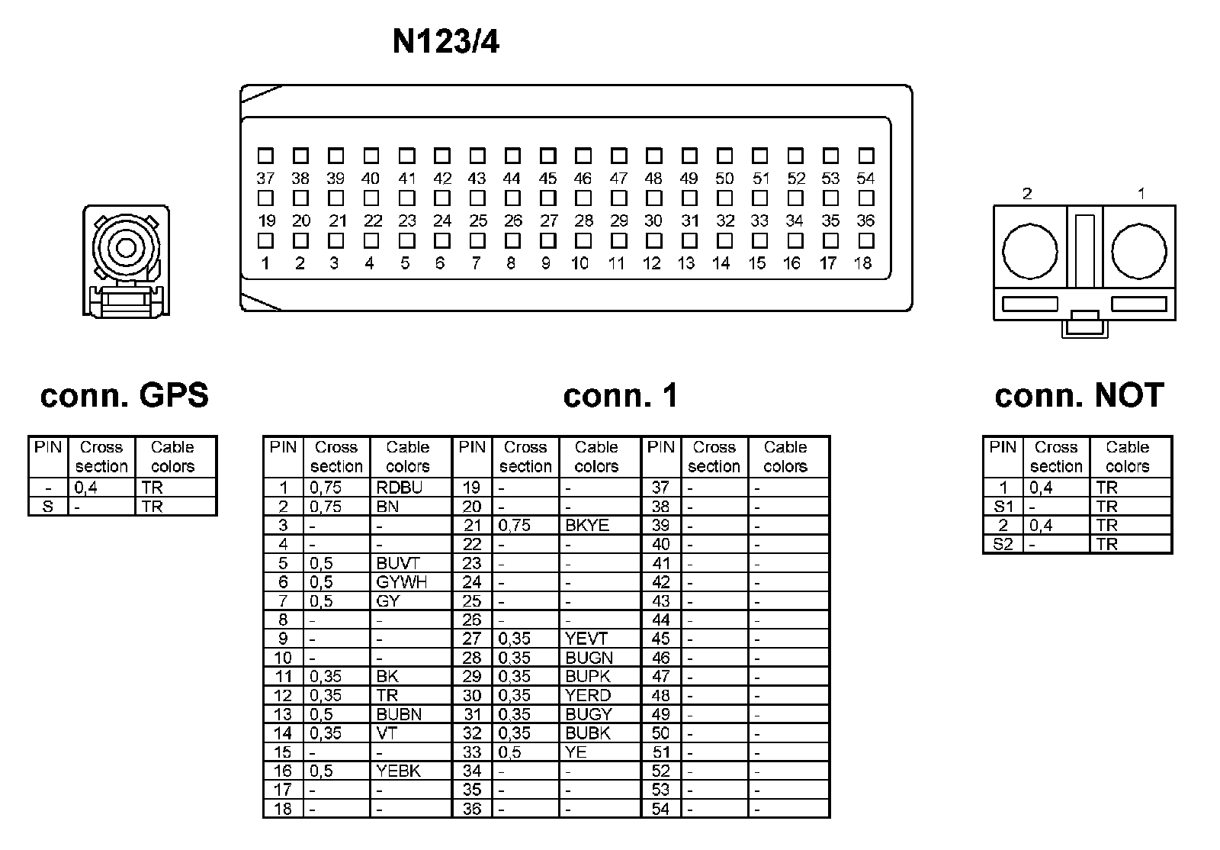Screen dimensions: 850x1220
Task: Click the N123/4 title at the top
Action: [x=445, y=42]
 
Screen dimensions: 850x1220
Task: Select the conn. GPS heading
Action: [x=124, y=395]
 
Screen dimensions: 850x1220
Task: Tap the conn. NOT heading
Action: [x=1079, y=395]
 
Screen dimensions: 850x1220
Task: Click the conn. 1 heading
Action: [x=620, y=395]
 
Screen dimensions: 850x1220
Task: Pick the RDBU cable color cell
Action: [x=400, y=488]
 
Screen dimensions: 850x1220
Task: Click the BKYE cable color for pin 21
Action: [x=587, y=525]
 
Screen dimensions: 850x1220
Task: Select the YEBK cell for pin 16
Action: [x=398, y=771]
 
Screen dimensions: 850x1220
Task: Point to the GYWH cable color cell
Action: [x=402, y=582]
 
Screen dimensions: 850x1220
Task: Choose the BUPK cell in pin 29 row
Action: [x=588, y=676]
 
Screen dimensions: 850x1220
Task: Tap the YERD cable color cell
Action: [x=588, y=695]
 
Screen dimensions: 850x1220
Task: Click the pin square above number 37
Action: [x=265, y=156]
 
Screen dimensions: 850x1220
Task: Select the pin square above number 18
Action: [x=865, y=240]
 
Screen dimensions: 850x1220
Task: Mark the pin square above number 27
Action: [x=548, y=198]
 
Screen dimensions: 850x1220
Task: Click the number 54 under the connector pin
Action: [x=865, y=179]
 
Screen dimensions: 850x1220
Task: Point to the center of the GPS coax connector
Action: [x=126, y=247]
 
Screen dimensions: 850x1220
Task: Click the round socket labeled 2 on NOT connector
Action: [x=1030, y=251]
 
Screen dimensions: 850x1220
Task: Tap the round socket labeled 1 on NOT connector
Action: [x=1139, y=251]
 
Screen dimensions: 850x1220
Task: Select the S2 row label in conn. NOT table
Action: [x=1003, y=544]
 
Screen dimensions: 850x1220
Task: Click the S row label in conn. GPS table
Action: [x=48, y=506]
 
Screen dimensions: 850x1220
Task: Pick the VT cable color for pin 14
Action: [x=387, y=732]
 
